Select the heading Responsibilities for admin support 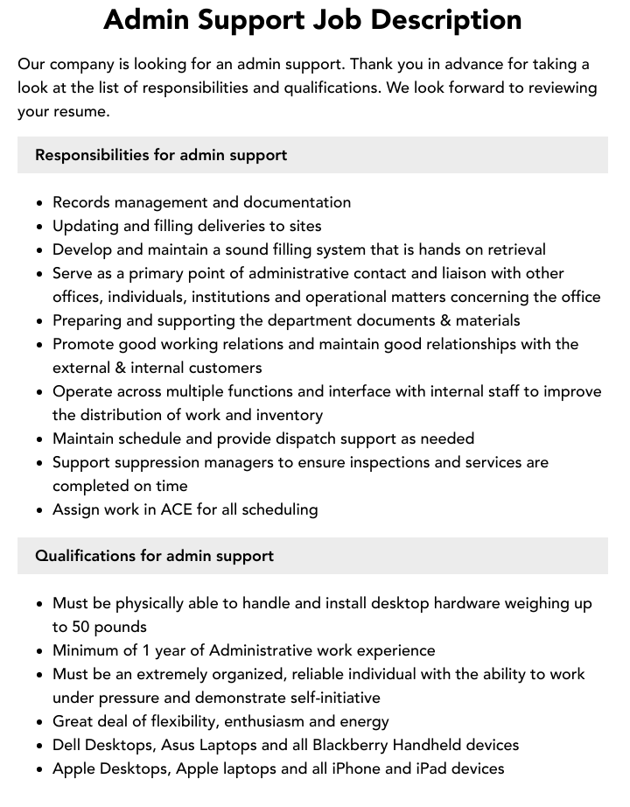(x=161, y=155)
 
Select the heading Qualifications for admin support (x=154, y=556)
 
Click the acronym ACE (x=177, y=509)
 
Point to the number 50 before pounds (x=81, y=627)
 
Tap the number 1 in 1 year (x=145, y=650)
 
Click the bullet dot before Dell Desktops (x=39, y=746)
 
